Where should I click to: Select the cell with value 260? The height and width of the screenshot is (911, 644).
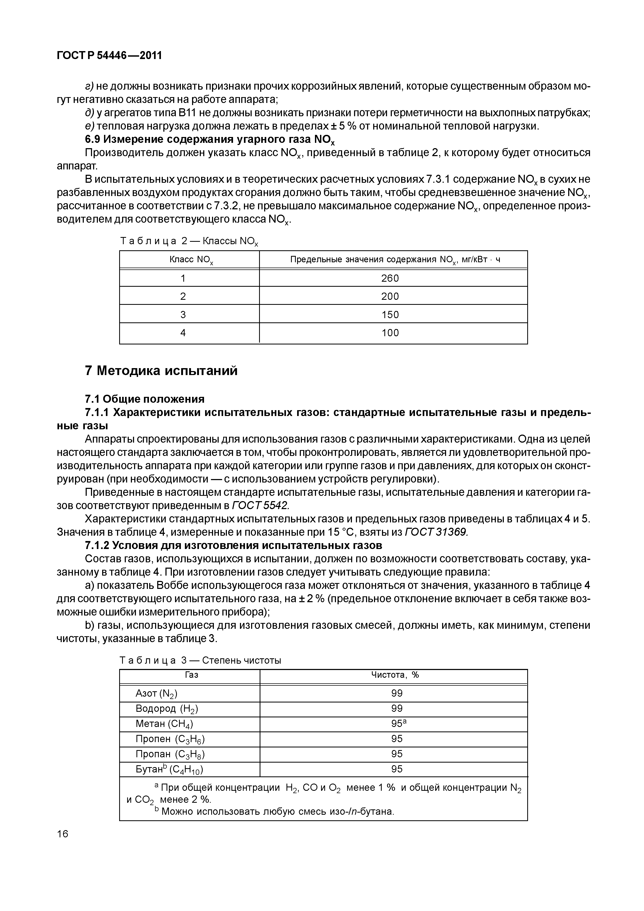click(x=390, y=278)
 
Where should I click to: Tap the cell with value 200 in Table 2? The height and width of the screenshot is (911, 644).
click(x=390, y=296)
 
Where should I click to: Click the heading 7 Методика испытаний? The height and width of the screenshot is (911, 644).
click(x=161, y=371)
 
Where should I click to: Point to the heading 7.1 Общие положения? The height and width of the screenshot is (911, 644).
click(x=145, y=399)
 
